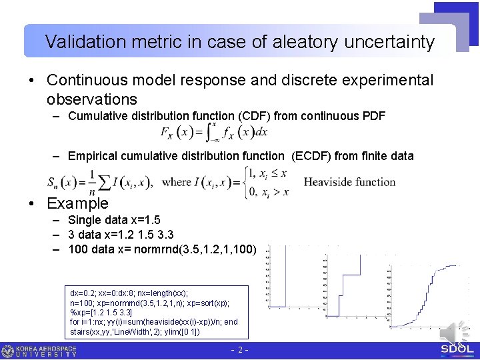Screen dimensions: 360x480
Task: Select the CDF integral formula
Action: (x=214, y=133)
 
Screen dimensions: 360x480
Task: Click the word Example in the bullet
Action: (x=77, y=203)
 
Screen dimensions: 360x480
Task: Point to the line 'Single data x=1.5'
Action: (x=114, y=220)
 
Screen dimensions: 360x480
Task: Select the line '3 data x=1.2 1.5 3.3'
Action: (x=120, y=235)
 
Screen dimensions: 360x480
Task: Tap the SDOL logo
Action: (x=458, y=349)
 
